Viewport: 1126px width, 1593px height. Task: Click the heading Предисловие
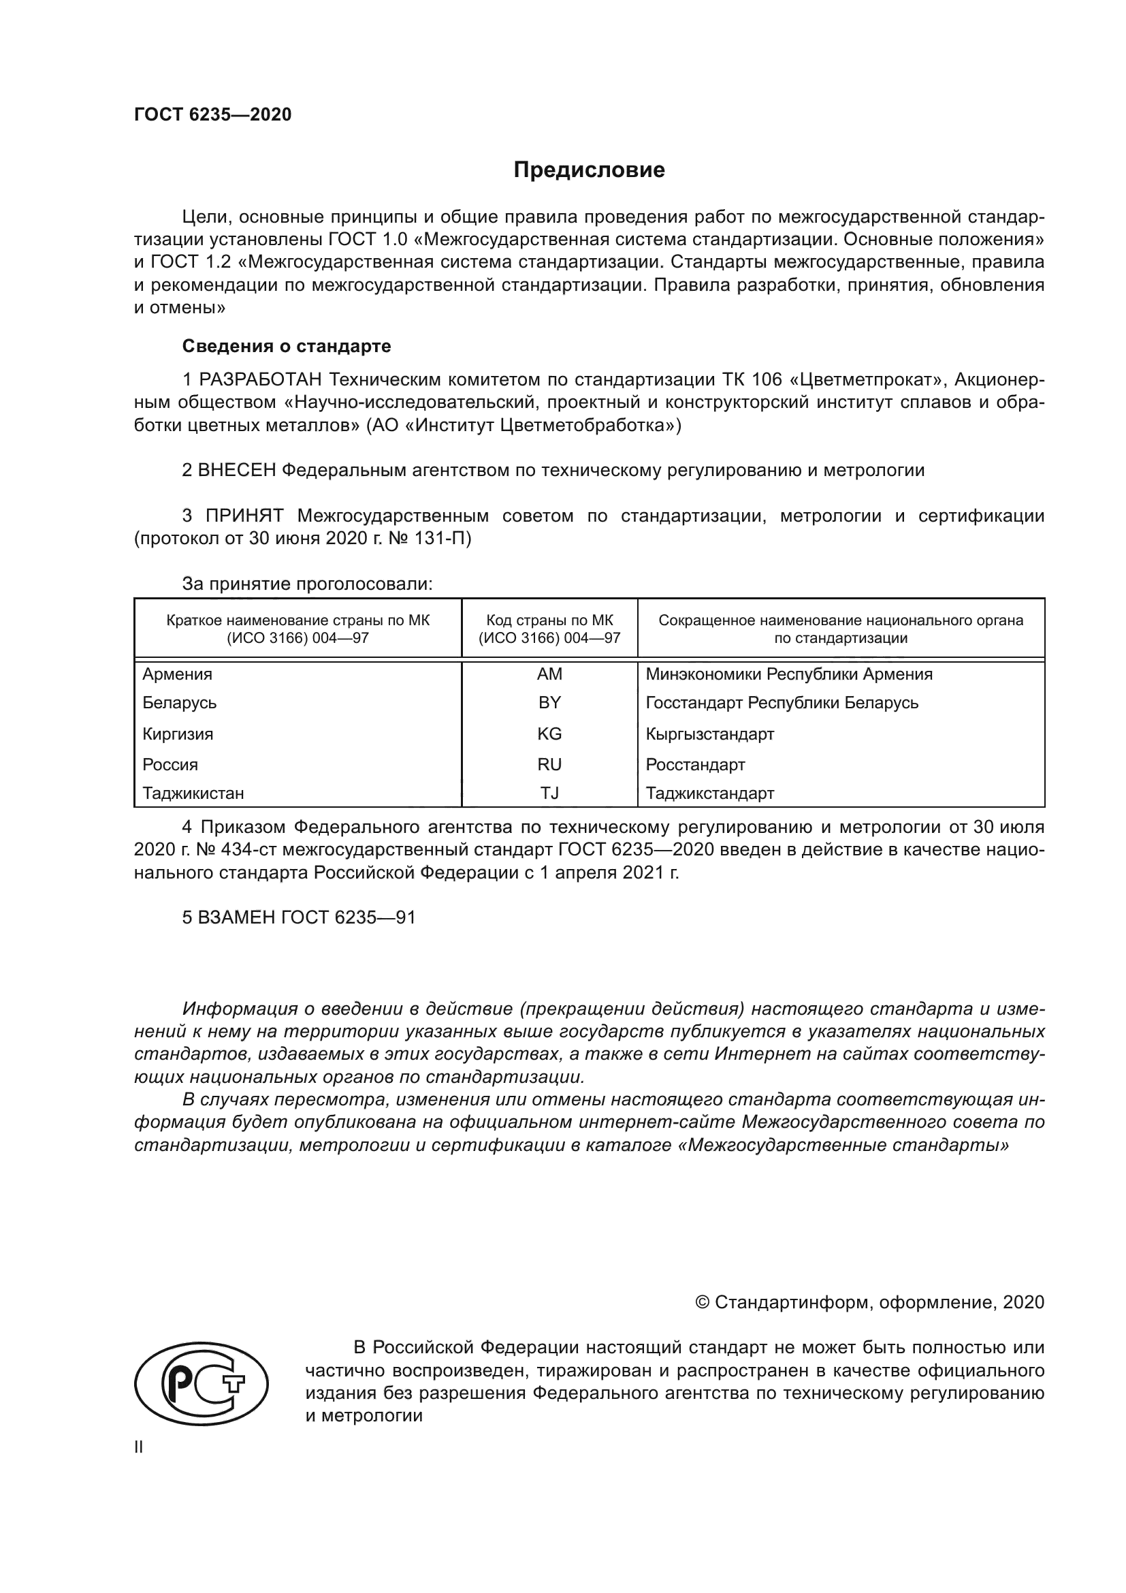click(589, 170)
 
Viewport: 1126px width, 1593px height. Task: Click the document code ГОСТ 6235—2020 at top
click(213, 115)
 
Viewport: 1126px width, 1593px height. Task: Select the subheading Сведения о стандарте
click(287, 345)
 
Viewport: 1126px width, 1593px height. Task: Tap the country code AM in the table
click(549, 674)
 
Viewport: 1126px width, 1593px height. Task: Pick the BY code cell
click(549, 702)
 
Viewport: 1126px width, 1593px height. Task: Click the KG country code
click(549, 734)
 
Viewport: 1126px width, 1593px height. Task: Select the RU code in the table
click(549, 764)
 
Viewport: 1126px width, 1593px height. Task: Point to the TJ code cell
click(549, 792)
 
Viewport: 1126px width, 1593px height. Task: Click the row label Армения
click(178, 674)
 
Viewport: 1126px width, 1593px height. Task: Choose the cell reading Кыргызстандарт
click(709, 734)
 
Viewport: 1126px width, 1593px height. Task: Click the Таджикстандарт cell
click(709, 792)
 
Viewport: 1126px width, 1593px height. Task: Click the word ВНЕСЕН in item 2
click(236, 471)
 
